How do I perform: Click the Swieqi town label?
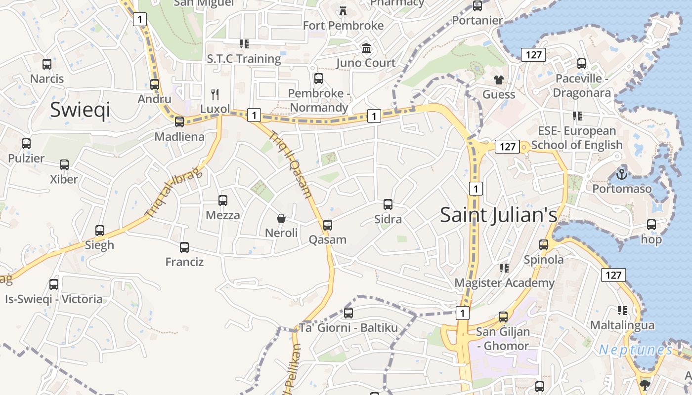80,110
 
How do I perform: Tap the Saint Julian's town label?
498,215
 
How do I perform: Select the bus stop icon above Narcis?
47,64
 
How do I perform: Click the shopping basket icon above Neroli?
281,218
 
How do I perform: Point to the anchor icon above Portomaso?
622,174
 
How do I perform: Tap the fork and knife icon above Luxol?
215,94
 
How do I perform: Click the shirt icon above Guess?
498,79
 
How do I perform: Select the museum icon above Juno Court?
366,48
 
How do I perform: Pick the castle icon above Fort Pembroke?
343,10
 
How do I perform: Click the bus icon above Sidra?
388,204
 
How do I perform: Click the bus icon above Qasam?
327,225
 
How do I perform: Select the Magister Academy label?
504,283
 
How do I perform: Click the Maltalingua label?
622,325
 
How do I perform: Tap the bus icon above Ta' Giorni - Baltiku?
348,313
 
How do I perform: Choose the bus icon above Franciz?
184,247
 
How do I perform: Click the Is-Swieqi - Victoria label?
54,299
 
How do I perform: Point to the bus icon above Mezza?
223,200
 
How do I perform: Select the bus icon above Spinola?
544,244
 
